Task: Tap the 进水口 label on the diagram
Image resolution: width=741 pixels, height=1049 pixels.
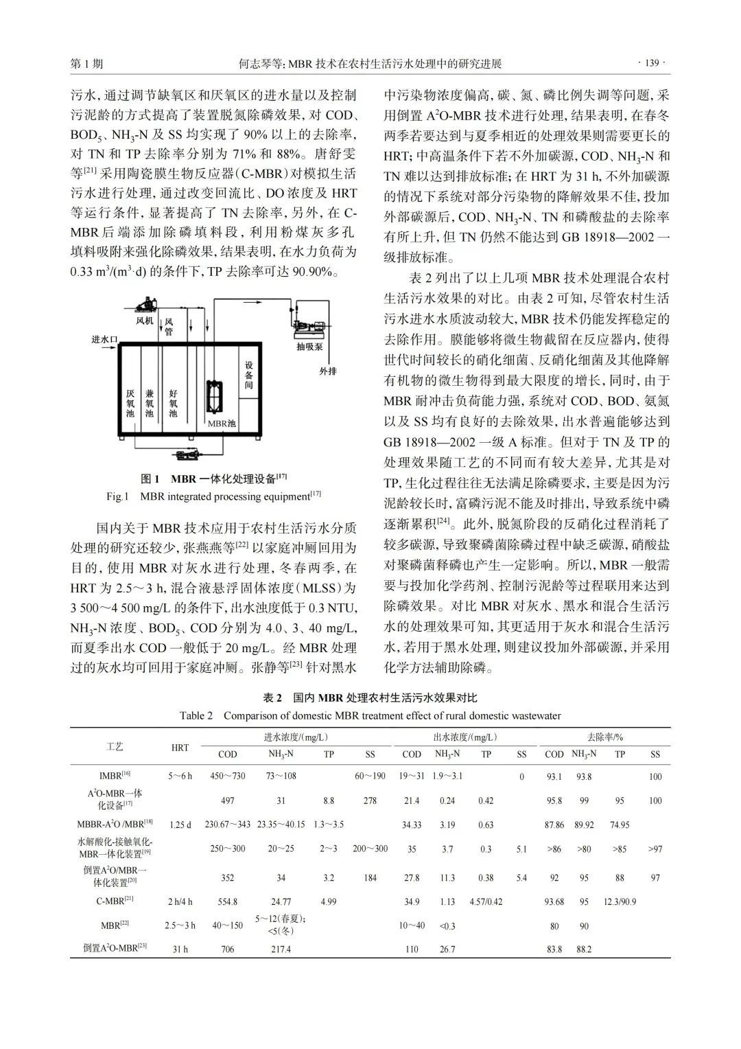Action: click(106, 339)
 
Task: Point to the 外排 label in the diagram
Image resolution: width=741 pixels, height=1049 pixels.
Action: click(328, 371)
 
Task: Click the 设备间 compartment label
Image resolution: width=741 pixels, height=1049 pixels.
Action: click(249, 376)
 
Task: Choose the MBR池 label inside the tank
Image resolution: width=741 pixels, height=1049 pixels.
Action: click(222, 424)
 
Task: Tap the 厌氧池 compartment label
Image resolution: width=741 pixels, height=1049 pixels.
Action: click(130, 404)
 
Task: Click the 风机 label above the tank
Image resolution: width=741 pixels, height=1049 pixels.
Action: click(144, 320)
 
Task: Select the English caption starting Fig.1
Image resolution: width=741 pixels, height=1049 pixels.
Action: click(213, 496)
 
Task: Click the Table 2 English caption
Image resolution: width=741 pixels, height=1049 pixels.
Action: click(370, 715)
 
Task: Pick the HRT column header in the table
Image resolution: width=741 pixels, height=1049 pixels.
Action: click(180, 747)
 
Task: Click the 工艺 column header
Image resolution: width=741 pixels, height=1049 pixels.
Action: click(115, 746)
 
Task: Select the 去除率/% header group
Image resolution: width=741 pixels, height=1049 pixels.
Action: click(604, 737)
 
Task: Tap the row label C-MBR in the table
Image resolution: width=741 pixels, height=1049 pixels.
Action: click(115, 900)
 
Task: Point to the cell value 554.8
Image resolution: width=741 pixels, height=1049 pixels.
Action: click(227, 901)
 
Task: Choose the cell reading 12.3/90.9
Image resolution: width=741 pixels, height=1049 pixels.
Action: click(620, 901)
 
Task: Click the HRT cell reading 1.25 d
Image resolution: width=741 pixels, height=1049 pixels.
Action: click(180, 825)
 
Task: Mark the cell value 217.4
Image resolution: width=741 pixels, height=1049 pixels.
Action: click(281, 949)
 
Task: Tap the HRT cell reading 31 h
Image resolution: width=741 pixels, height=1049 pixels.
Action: click(180, 949)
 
